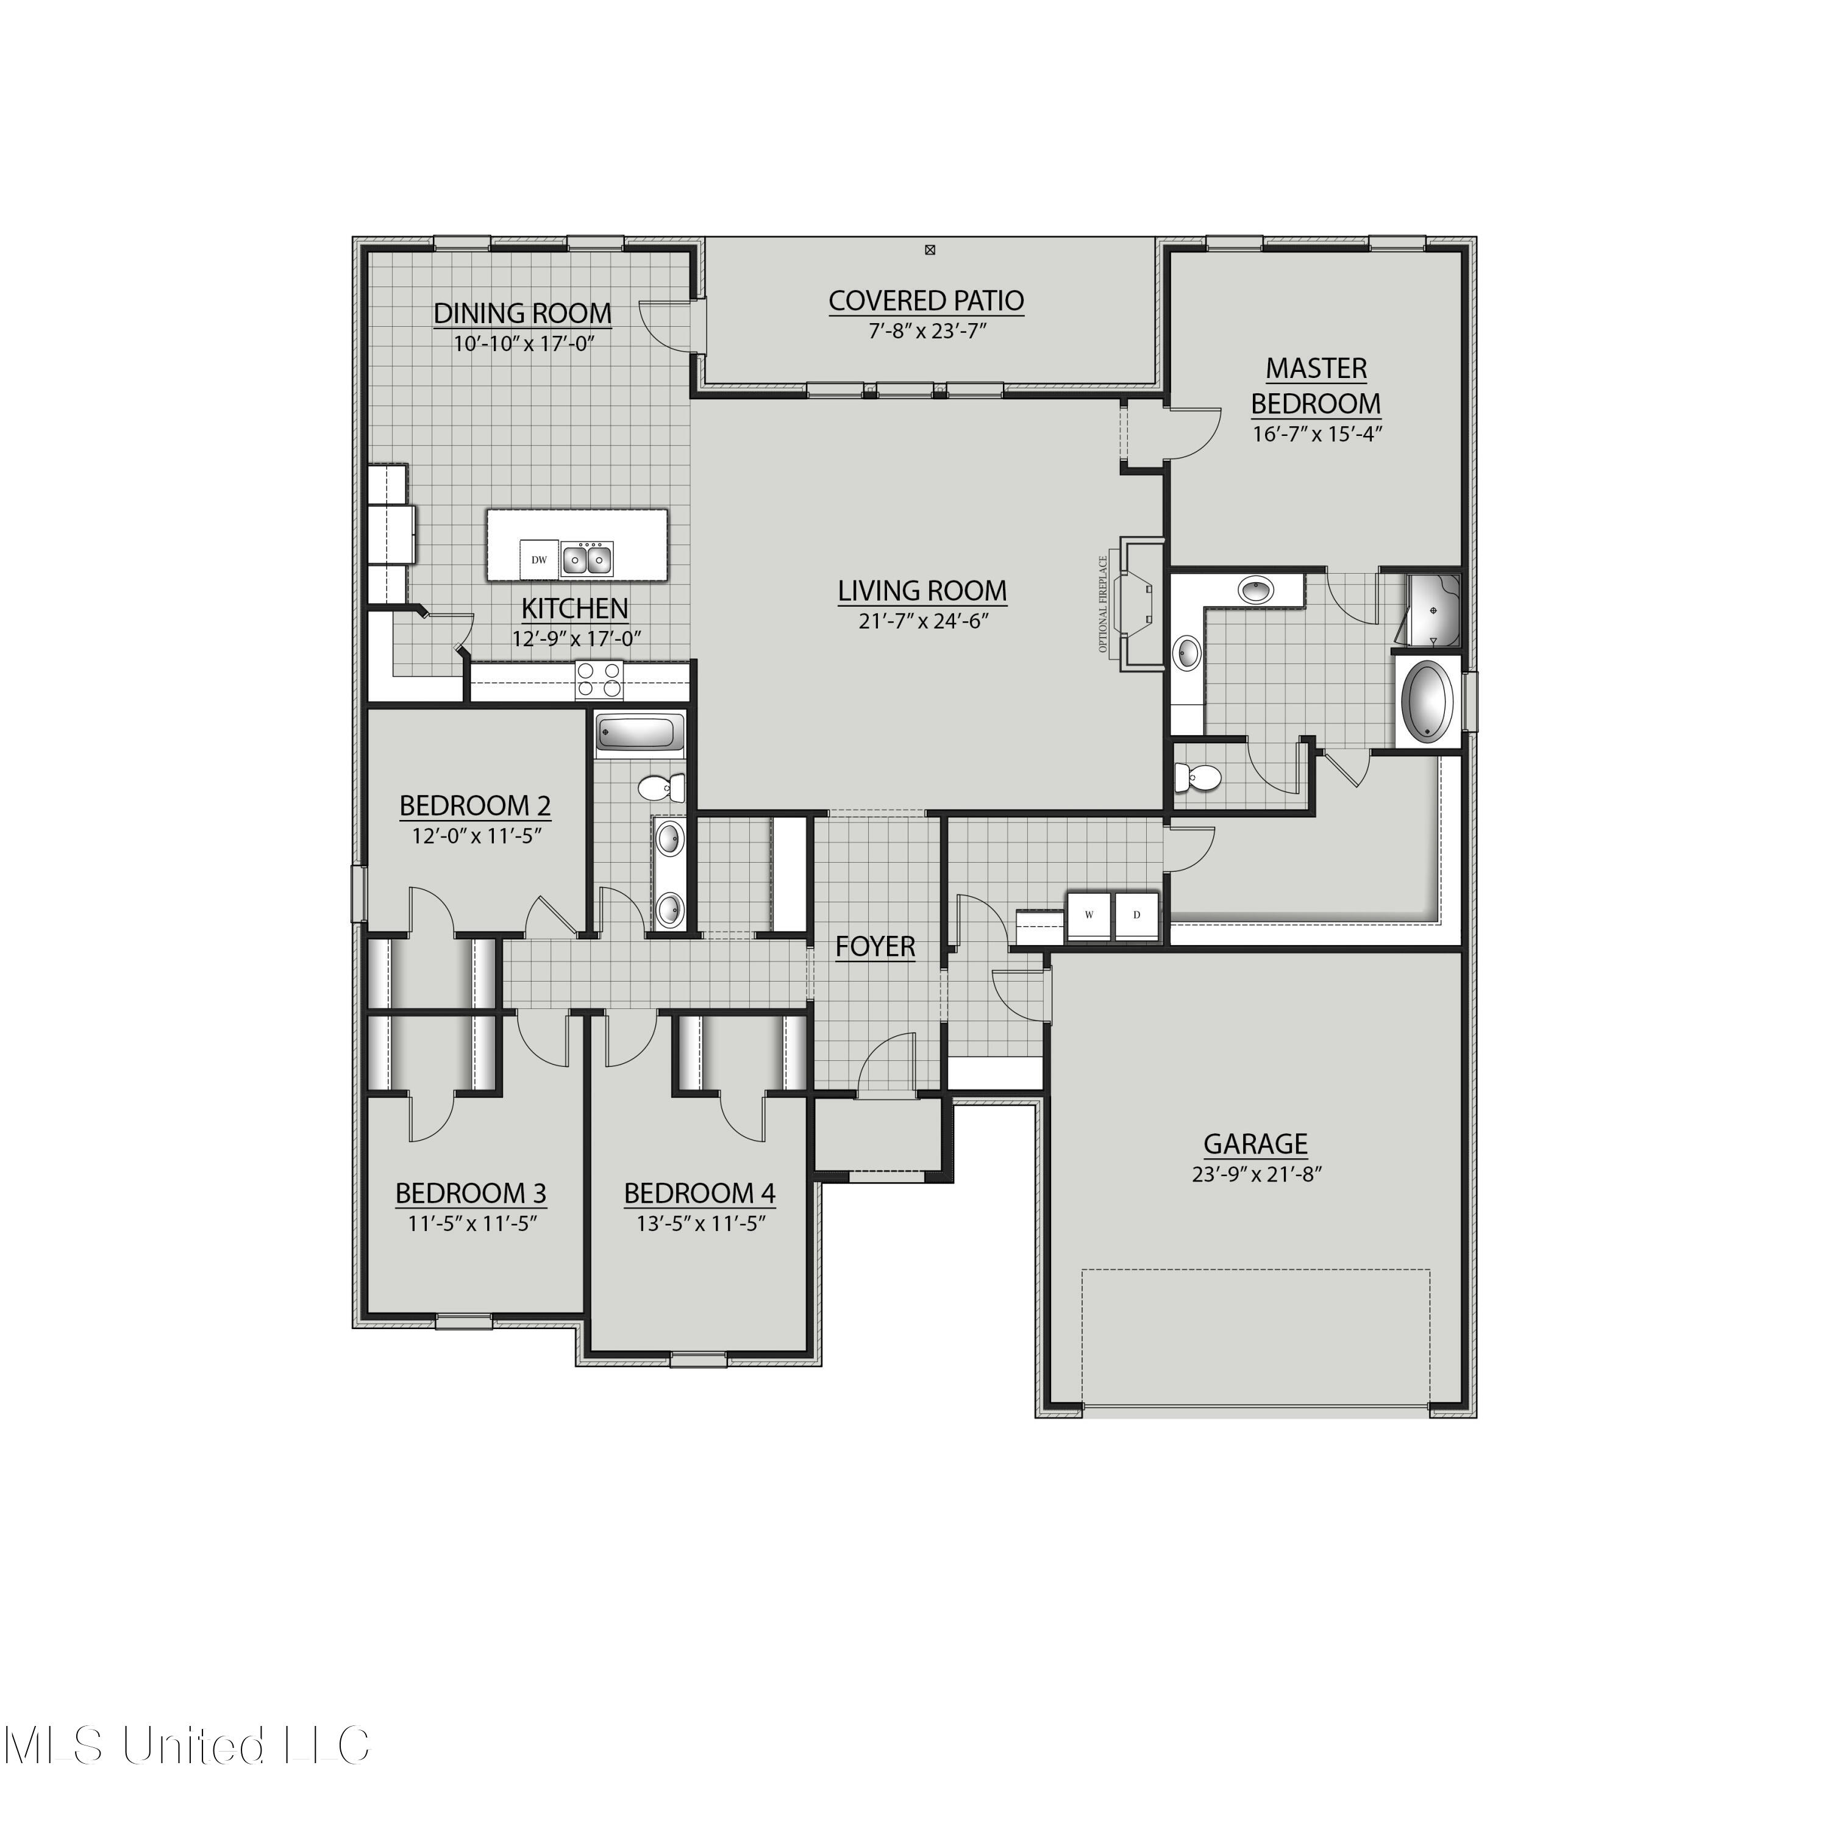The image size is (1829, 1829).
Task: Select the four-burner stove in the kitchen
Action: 600,680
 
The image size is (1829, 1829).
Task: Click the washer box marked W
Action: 1089,914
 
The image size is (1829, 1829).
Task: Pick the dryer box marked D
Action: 1137,914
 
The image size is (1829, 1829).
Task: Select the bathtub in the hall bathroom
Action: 639,733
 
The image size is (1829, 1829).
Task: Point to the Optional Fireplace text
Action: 1103,604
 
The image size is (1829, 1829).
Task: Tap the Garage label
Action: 1255,1144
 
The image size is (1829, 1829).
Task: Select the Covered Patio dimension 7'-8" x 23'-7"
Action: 926,330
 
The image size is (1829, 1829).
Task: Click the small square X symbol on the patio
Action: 930,250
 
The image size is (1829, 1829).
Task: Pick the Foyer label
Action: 875,946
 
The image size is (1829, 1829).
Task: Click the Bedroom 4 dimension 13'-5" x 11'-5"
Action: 700,1223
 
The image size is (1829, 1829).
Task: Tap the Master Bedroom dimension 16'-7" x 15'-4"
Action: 1316,435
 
